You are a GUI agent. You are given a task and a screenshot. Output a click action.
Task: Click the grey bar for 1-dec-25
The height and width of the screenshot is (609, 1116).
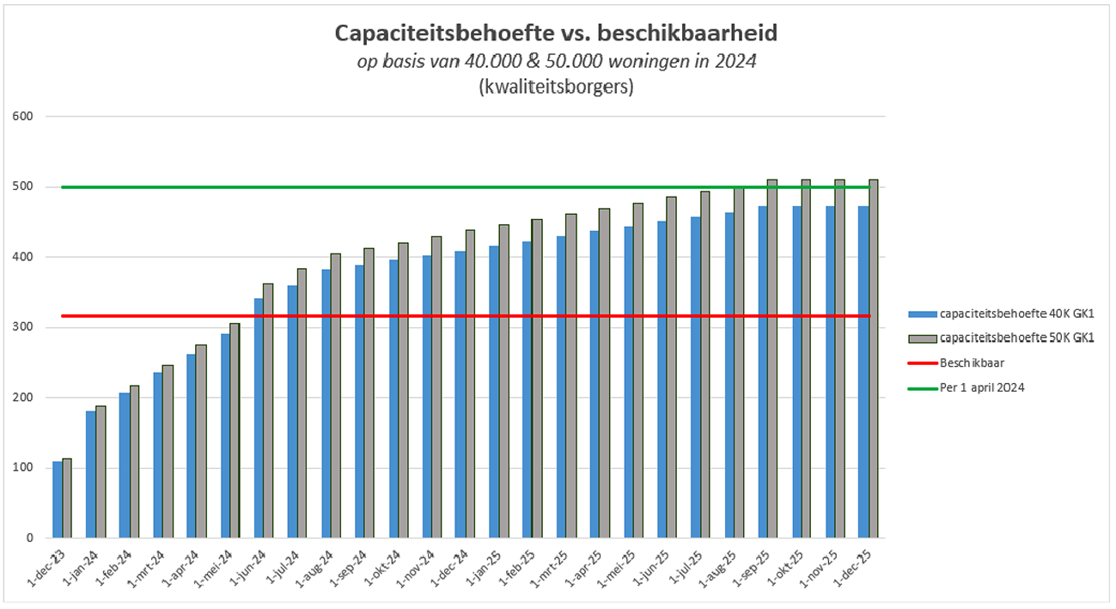point(874,359)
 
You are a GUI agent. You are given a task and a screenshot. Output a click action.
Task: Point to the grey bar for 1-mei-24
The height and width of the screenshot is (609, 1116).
point(235,430)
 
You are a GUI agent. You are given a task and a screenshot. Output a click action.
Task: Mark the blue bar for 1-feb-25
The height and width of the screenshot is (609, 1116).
point(528,390)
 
